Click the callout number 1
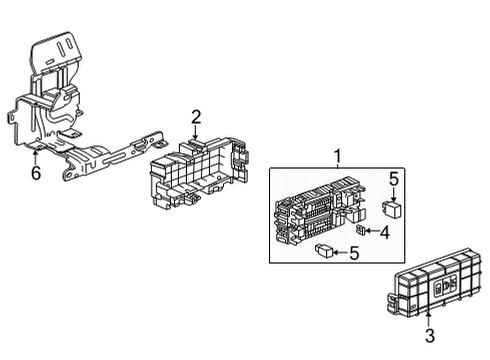(336, 155)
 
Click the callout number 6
(36, 173)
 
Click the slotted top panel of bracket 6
(58, 51)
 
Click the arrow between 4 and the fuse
(373, 231)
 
